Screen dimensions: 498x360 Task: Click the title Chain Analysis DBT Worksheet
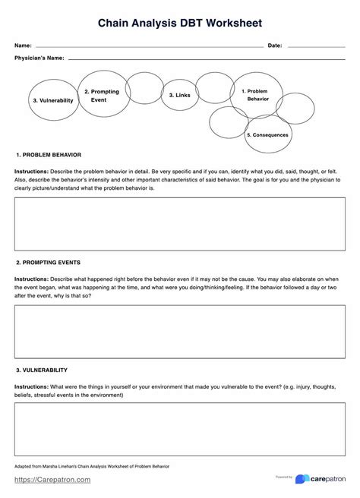pyautogui.click(x=180, y=24)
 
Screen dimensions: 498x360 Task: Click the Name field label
pyautogui.click(x=23, y=46)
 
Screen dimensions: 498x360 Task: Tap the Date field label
pyautogui.click(x=275, y=46)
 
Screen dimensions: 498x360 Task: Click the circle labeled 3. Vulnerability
pyautogui.click(x=52, y=100)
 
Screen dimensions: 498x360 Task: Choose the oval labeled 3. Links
pyautogui.click(x=180, y=95)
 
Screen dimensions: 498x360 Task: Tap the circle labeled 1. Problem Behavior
pyautogui.click(x=256, y=95)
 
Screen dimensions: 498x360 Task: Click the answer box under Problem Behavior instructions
pyautogui.click(x=180, y=224)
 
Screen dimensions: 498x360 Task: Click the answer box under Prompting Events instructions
pyautogui.click(x=180, y=332)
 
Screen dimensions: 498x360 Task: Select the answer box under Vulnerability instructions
pyautogui.click(x=180, y=429)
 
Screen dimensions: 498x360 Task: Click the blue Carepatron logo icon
pyautogui.click(x=302, y=480)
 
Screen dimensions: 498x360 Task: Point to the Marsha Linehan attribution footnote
pyautogui.click(x=92, y=466)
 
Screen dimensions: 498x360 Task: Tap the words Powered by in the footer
pyautogui.click(x=285, y=478)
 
